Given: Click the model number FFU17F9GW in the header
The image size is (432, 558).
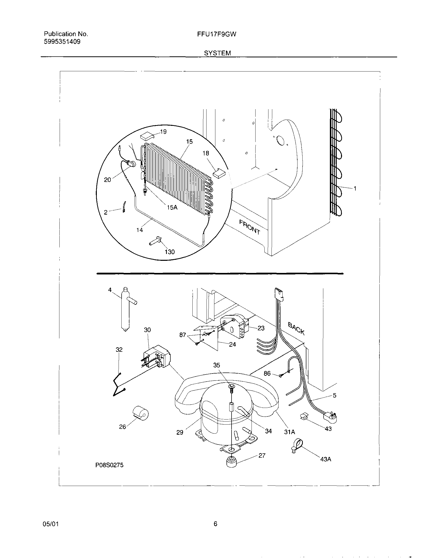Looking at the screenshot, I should pos(217,34).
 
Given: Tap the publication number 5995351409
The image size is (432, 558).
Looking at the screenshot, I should pos(62,42).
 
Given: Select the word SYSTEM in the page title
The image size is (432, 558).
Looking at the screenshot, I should pos(217,53).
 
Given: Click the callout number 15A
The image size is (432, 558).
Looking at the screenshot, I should pos(172,207).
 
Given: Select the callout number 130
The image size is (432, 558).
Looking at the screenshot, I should pos(169,252).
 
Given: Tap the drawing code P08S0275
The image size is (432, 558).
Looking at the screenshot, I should pos(109,465).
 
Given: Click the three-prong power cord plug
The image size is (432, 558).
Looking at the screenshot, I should pos(331,417).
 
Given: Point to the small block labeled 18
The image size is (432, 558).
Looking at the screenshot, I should pos(218,173).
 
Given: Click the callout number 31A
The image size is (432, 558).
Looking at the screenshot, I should pos(290,432).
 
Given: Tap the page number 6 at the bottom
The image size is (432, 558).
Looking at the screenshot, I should pos(215,524).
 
